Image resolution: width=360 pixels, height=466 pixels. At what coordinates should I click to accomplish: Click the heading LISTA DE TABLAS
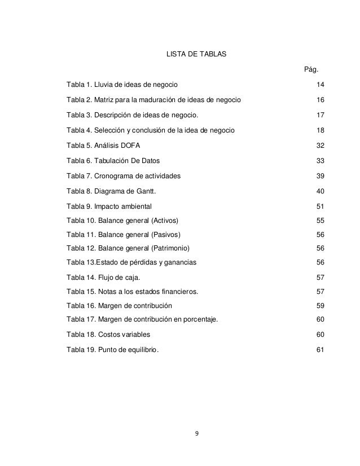(195, 55)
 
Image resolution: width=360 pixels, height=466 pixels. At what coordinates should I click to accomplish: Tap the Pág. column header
(311, 70)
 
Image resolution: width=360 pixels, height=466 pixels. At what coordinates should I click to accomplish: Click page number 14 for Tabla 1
(320, 85)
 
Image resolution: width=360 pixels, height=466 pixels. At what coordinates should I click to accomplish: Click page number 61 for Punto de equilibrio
(320, 350)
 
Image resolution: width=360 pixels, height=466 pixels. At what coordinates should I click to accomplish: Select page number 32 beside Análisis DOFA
(320, 146)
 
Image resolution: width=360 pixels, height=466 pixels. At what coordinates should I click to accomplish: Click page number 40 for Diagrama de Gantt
(320, 191)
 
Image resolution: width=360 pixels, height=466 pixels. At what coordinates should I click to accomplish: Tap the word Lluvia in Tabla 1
(106, 85)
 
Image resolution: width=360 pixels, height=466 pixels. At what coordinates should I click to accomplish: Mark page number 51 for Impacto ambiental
(320, 206)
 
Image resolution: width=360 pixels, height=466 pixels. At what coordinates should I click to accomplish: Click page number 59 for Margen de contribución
(320, 306)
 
